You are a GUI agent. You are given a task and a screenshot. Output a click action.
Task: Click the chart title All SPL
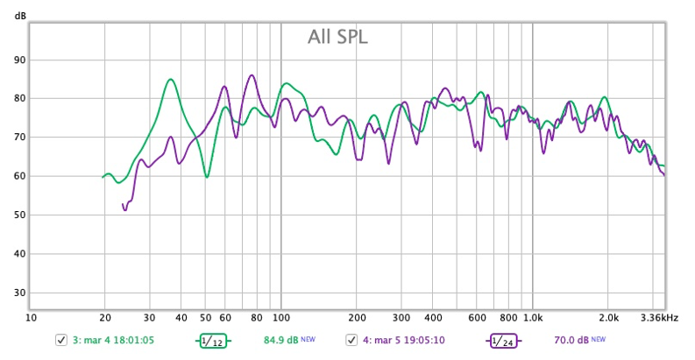point(337,37)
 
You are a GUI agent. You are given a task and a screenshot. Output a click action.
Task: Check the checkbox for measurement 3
point(60,340)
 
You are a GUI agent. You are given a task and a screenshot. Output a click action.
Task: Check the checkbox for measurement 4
point(351,340)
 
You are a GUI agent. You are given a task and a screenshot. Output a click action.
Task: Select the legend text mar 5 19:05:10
point(403,340)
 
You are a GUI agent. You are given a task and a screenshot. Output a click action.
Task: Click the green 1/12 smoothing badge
point(210,340)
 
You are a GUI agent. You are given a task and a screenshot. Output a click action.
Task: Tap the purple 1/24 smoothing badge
point(502,340)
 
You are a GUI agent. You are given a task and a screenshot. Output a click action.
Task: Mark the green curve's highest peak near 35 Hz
point(171,80)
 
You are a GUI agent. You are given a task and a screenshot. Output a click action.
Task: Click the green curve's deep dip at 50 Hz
point(207,177)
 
